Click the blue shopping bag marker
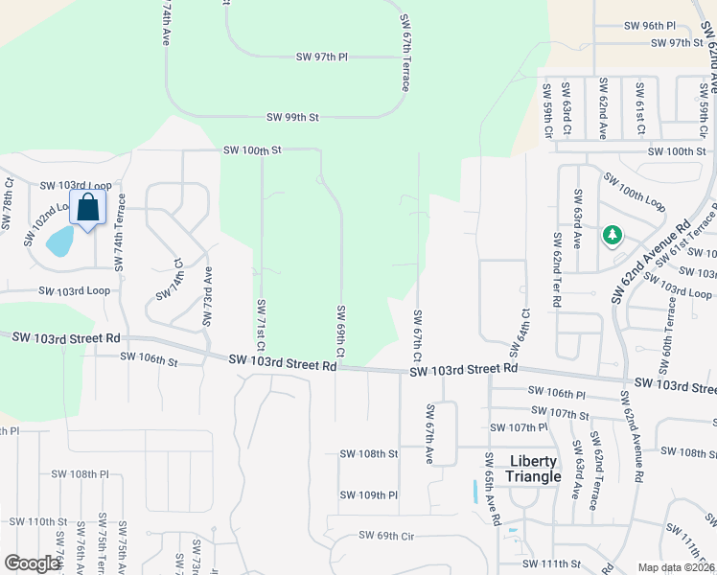point(87,207)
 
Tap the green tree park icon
point(613,235)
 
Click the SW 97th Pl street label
point(321,57)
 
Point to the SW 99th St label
point(292,117)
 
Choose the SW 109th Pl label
point(368,495)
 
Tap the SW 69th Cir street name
point(385,535)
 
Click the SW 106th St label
point(150,359)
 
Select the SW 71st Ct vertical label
point(260,324)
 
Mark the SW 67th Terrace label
point(405,53)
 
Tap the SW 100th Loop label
point(635,193)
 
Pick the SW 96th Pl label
point(650,26)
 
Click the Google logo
point(32,563)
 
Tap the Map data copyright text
point(677,567)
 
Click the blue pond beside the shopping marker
point(59,241)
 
